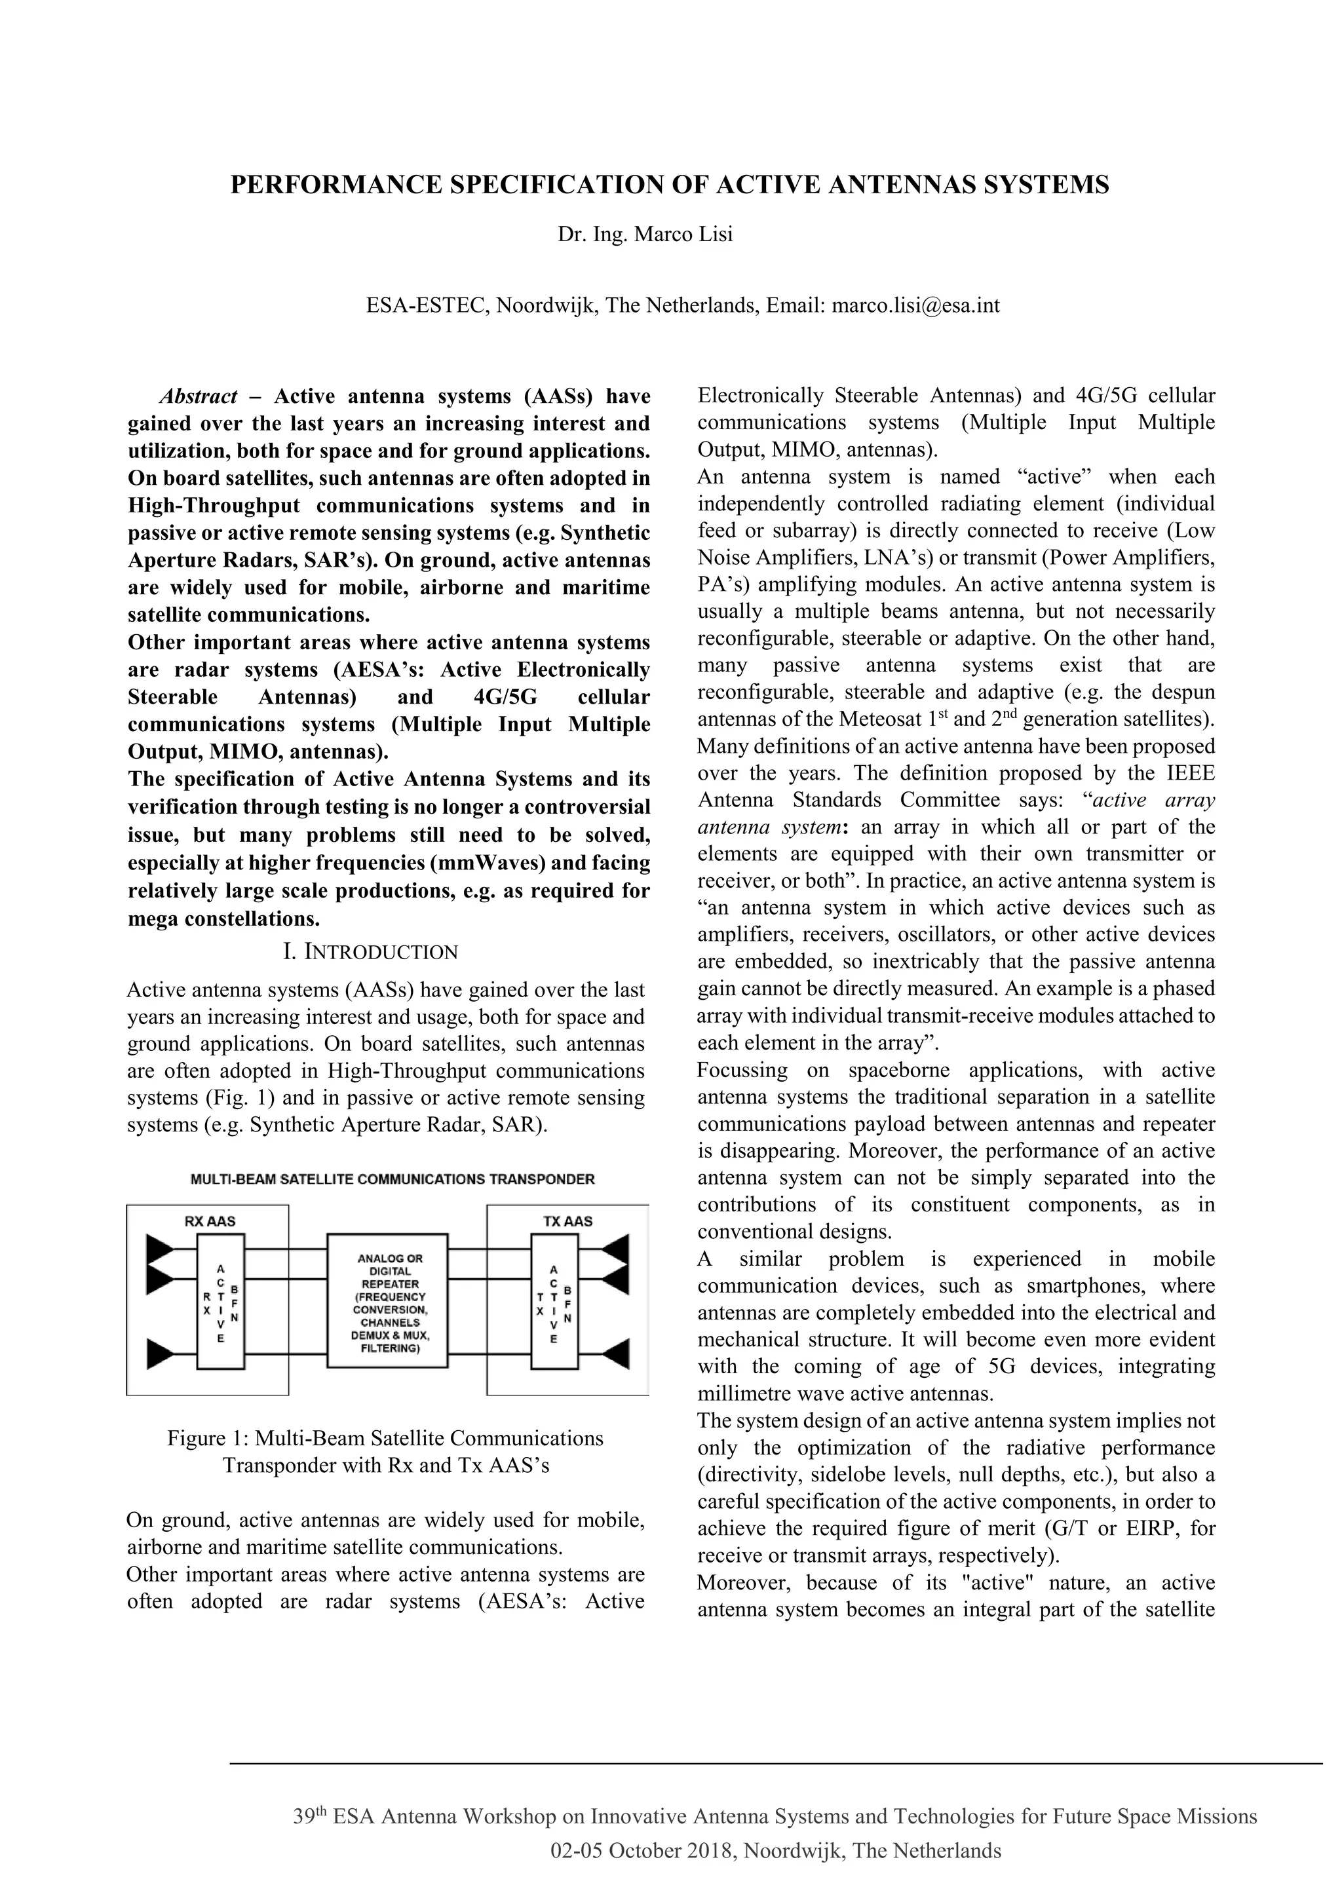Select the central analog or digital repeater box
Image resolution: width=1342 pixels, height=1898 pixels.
388,1300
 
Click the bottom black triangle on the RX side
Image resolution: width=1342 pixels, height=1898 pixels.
161,1354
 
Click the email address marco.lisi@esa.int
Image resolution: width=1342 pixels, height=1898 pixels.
915,306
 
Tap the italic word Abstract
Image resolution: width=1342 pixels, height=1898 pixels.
199,397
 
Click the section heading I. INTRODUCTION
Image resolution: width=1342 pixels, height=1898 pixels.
370,953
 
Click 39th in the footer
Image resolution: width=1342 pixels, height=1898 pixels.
310,1817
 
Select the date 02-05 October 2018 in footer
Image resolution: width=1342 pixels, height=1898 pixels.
642,1851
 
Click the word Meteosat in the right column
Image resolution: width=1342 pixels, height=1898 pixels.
878,720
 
